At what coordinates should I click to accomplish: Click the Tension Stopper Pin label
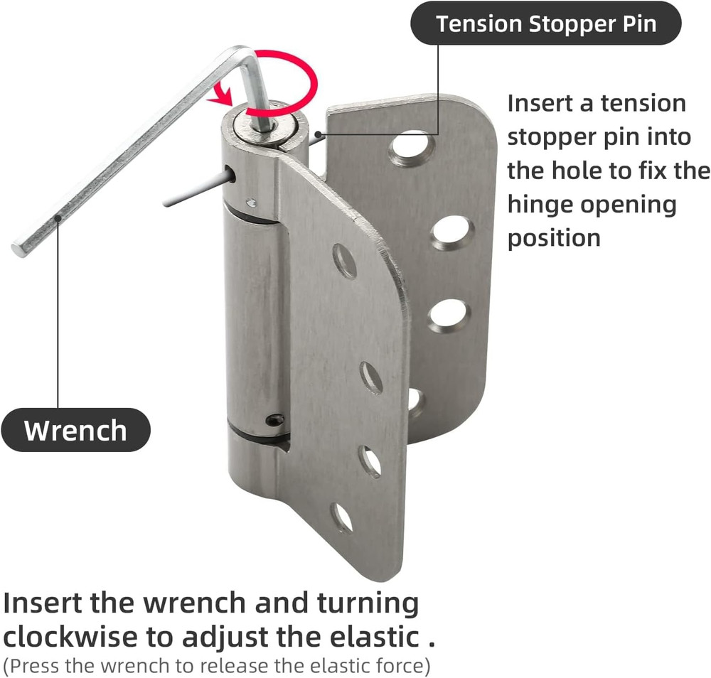[x=546, y=24]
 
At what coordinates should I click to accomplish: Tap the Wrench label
[x=75, y=430]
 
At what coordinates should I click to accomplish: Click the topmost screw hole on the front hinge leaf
[x=345, y=261]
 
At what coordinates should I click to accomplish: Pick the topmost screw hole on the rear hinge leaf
[x=413, y=149]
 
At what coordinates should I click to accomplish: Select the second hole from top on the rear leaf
[x=451, y=232]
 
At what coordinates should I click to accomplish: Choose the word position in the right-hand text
[x=554, y=237]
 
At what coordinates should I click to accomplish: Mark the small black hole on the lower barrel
[x=274, y=421]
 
